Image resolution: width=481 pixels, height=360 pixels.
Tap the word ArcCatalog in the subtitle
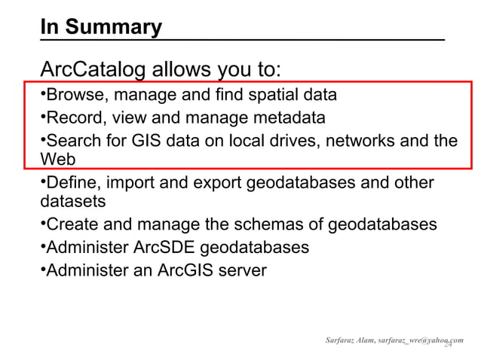(x=92, y=71)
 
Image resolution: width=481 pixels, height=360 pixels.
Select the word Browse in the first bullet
(x=74, y=96)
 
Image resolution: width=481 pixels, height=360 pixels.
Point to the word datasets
(x=72, y=202)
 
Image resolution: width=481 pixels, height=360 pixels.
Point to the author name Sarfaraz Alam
(x=349, y=340)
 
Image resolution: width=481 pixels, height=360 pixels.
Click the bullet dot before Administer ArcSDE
(x=42, y=248)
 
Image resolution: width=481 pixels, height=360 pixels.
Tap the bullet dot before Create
(x=42, y=225)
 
